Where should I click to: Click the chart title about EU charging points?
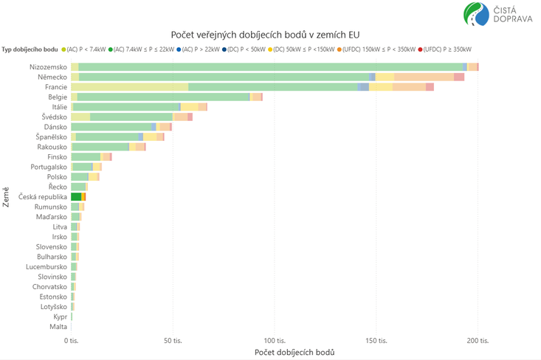pos(270,35)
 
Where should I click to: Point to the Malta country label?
pos(58,326)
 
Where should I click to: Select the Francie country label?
pos(56,87)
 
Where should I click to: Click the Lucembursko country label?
pos(46,266)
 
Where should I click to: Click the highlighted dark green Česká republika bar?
pos(76,197)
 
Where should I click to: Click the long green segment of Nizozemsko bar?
pos(270,66)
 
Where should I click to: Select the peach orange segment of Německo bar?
pos(424,77)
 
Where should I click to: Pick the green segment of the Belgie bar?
pos(163,97)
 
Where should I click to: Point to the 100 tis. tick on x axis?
pos(275,341)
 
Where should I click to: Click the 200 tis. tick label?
pos(478,341)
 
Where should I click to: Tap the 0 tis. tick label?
pos(71,341)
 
